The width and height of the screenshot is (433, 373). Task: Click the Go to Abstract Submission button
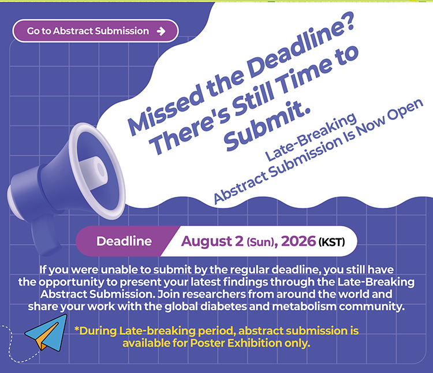coord(95,31)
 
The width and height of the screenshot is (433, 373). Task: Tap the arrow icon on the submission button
coord(161,31)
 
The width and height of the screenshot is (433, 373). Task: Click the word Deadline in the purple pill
coord(124,241)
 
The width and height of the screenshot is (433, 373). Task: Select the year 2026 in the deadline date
coord(298,241)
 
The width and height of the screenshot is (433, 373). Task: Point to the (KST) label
coord(331,242)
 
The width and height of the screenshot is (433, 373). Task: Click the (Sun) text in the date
coord(261,243)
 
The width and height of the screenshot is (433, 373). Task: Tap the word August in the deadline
coord(206,241)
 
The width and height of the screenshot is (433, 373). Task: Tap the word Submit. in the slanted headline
coord(267,126)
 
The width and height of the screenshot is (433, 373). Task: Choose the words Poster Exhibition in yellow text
coord(236,343)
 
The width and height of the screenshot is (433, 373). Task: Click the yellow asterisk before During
coord(77,329)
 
